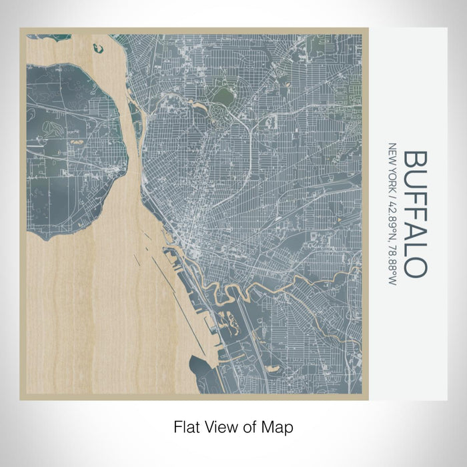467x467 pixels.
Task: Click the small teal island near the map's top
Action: click(99, 48)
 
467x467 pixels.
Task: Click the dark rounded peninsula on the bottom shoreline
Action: click(200, 366)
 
